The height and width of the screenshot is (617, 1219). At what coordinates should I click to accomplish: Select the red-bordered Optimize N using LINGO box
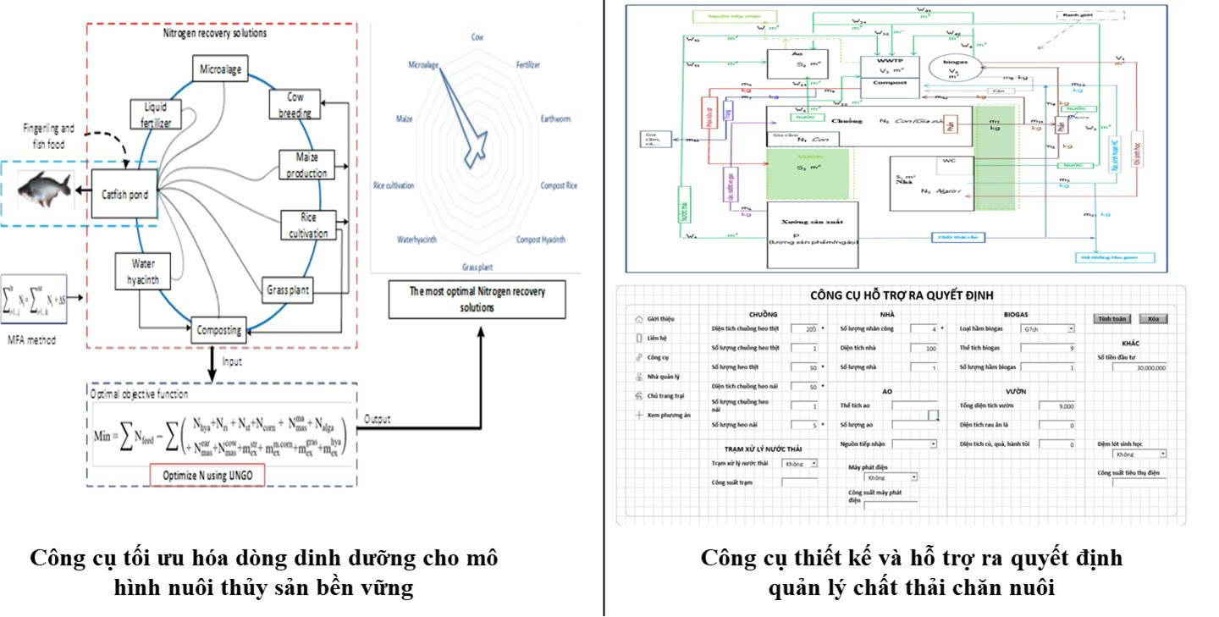(x=207, y=476)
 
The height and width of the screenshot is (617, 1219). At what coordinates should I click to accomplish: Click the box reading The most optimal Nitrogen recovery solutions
(x=477, y=299)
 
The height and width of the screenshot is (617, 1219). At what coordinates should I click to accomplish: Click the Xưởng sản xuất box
(x=813, y=229)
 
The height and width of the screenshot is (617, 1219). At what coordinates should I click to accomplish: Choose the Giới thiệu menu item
(x=659, y=319)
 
